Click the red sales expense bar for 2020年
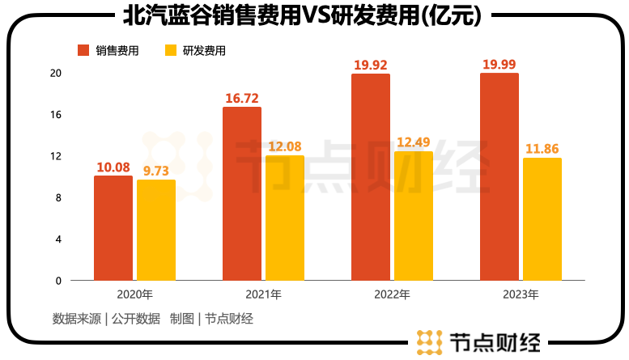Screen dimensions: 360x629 [x=113, y=228]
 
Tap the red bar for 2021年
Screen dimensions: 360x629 [x=241, y=193]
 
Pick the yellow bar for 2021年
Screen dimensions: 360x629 [x=285, y=218]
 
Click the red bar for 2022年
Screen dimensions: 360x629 [x=370, y=177]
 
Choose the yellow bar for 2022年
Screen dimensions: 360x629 [x=414, y=216]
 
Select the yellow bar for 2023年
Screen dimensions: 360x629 [x=542, y=219]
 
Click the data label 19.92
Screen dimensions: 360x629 [x=370, y=64]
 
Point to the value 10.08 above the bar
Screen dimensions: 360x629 [x=113, y=167]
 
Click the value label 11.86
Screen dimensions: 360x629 [x=542, y=149]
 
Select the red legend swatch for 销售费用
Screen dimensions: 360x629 [x=83, y=50]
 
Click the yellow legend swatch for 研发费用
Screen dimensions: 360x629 [x=170, y=50]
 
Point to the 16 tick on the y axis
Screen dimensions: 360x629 [x=56, y=114]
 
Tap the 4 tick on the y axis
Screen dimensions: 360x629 [x=57, y=239]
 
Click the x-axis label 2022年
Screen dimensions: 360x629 [x=393, y=294]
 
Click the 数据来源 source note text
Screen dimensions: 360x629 [x=78, y=319]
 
